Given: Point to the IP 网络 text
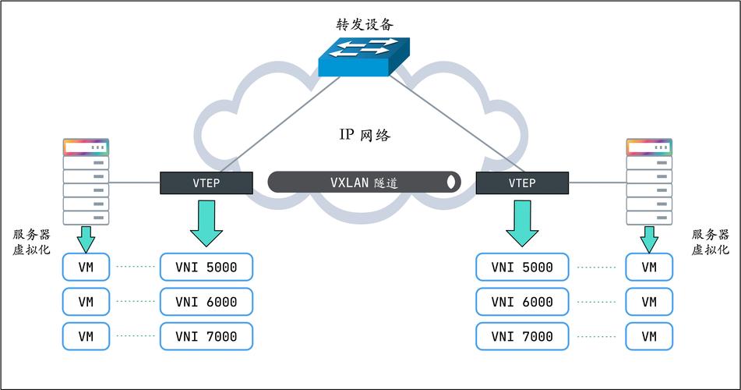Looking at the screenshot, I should click(x=364, y=135).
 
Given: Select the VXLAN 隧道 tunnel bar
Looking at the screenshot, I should click(x=364, y=183).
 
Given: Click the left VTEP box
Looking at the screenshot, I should click(x=206, y=183).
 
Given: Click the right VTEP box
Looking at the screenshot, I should click(x=522, y=183).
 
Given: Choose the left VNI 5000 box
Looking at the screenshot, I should click(x=206, y=268).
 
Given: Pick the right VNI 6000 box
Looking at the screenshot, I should click(x=522, y=302).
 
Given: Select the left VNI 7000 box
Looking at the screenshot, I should click(x=206, y=336).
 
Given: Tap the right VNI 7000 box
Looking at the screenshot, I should click(x=522, y=336).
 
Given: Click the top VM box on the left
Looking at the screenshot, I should click(x=86, y=268).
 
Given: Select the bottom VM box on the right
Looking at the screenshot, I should click(x=648, y=336).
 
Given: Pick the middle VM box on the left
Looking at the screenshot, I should click(x=86, y=302).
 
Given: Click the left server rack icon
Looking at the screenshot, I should click(x=86, y=182).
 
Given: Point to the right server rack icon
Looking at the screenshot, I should click(x=649, y=182).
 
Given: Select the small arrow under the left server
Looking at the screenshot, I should click(x=86, y=239).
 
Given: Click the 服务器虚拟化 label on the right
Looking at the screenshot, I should click(x=710, y=242).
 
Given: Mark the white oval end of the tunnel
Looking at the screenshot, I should click(x=450, y=183).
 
